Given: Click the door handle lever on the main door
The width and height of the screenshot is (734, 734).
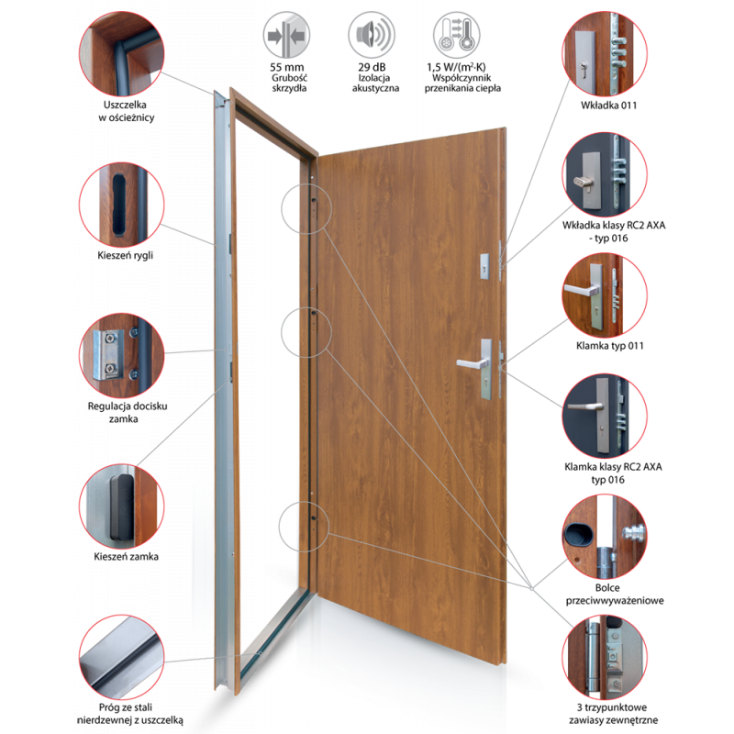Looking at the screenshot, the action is [472, 363].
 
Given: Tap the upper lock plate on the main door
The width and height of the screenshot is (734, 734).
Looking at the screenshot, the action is [484, 266].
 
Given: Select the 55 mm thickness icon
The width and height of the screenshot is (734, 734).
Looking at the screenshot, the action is [286, 35].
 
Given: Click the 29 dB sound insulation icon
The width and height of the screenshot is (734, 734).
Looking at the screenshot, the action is [372, 35].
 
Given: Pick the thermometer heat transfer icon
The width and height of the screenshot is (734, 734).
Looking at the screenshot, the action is [456, 35].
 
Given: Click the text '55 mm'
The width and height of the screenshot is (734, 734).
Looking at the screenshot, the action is [286, 67].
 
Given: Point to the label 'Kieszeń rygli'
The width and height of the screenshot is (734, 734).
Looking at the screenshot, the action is [125, 256].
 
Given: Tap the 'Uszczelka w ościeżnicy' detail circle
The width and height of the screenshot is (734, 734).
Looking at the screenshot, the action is [122, 54].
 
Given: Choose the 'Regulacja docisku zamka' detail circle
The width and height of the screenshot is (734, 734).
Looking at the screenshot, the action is [122, 356].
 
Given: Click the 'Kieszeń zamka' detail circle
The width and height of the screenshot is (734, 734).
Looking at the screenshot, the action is [122, 506].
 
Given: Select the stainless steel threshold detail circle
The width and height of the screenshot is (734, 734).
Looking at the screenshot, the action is [122, 657].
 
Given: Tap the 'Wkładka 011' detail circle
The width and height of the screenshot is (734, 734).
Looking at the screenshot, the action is [605, 54].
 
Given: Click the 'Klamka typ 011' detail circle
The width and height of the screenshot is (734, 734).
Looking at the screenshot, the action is [605, 295].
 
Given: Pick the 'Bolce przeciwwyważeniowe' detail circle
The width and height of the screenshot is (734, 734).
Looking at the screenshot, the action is [605, 537].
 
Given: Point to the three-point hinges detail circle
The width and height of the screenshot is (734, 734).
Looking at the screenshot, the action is [605, 657].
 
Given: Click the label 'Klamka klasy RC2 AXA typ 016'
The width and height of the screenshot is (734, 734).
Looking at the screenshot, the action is [613, 473].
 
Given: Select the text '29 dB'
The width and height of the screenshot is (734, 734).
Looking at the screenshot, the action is [372, 67].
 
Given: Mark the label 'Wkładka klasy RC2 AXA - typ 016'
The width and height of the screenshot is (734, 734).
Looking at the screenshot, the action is [613, 232].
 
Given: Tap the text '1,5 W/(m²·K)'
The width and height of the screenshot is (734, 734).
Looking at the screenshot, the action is [456, 67].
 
